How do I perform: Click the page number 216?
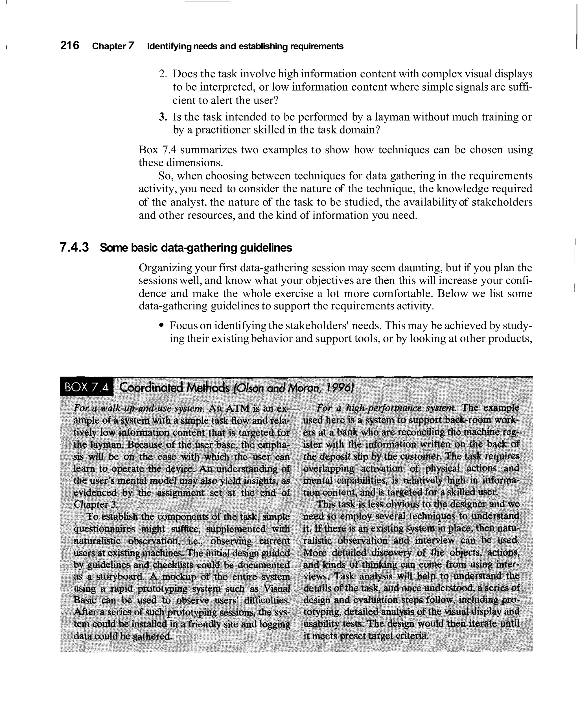70,45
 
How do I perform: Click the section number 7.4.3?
74,248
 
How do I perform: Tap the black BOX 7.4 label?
87,388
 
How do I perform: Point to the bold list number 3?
163,117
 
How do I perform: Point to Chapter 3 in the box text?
95,505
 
